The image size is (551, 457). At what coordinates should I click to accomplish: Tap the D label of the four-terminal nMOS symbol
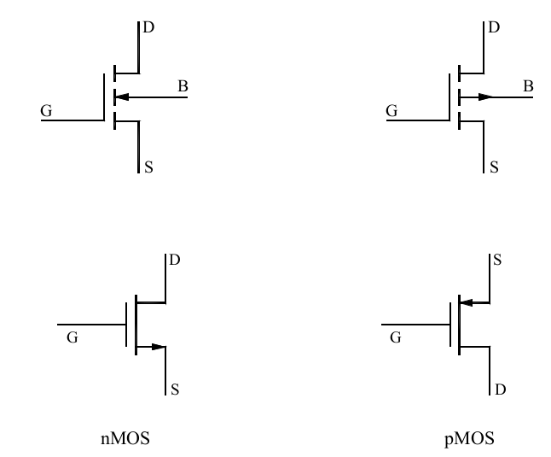[149, 28]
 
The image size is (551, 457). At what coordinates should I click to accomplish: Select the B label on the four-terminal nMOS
[183, 86]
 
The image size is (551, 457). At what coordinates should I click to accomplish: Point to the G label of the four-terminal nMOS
[46, 111]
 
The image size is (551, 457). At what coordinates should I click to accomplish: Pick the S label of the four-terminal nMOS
[149, 167]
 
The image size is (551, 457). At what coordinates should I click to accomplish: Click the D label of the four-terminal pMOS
[495, 28]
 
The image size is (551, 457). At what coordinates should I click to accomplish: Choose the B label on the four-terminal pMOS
[528, 86]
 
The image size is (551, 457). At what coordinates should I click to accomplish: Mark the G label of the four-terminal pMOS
[391, 111]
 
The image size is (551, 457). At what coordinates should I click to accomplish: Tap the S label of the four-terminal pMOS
[495, 167]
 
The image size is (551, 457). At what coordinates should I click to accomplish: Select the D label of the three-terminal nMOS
[175, 259]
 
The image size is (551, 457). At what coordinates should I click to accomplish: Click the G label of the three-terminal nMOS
[72, 338]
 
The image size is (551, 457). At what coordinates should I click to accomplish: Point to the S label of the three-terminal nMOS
[175, 390]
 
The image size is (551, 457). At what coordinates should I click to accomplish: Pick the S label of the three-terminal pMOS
[497, 259]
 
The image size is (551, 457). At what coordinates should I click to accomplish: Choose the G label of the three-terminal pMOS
[395, 338]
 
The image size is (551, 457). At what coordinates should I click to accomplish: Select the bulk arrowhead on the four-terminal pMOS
[485, 97]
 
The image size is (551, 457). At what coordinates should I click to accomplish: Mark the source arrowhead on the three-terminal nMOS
[158, 346]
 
